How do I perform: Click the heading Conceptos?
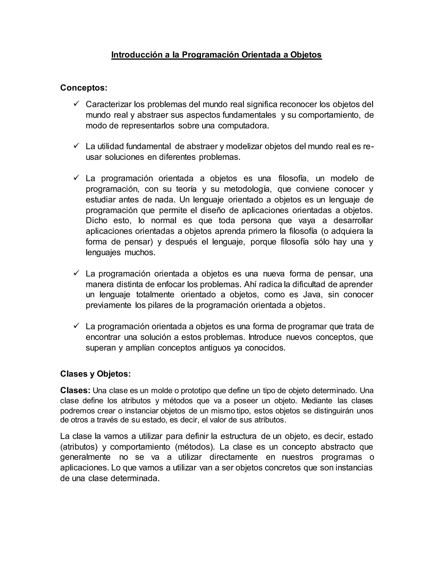(83, 88)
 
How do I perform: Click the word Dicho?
(96, 221)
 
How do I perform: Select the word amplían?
(140, 348)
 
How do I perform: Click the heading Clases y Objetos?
(95, 374)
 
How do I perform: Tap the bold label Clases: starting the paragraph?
(75, 391)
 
